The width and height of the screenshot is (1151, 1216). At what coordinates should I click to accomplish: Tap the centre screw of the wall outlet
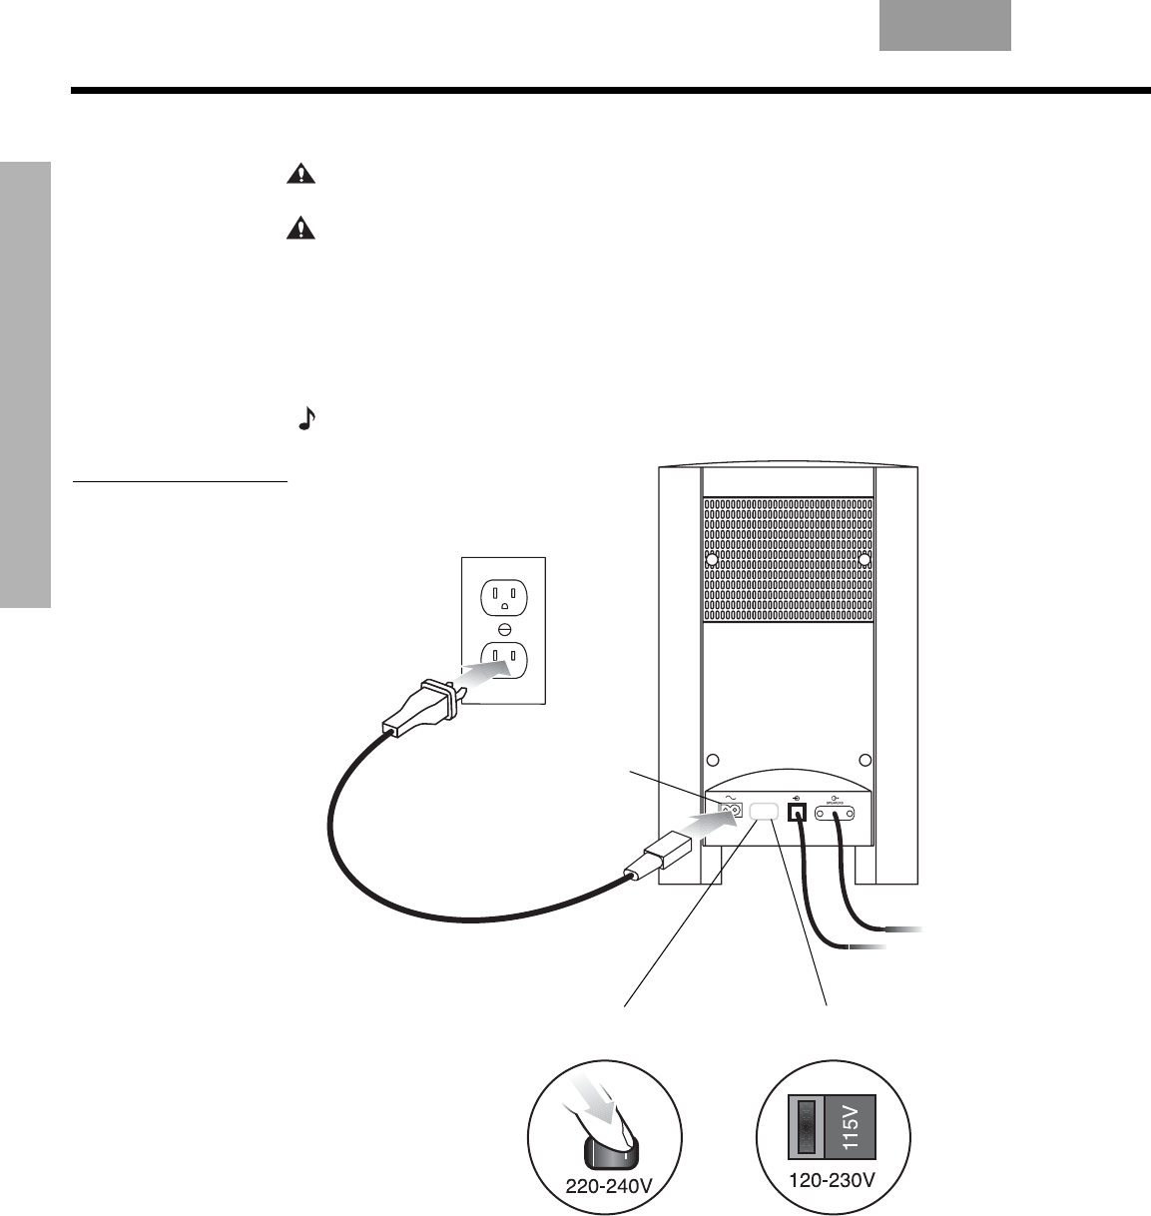click(504, 629)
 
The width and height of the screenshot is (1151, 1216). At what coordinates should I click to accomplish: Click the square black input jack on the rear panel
click(797, 813)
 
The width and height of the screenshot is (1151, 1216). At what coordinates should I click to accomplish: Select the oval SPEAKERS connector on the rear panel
click(837, 814)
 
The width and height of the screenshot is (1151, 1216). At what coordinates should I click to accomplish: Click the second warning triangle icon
click(298, 229)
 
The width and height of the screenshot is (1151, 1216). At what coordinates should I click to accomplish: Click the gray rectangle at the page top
click(944, 25)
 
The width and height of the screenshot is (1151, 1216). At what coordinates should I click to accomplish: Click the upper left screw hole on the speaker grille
click(711, 560)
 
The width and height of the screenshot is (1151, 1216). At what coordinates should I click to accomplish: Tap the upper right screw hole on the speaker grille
click(865, 560)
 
